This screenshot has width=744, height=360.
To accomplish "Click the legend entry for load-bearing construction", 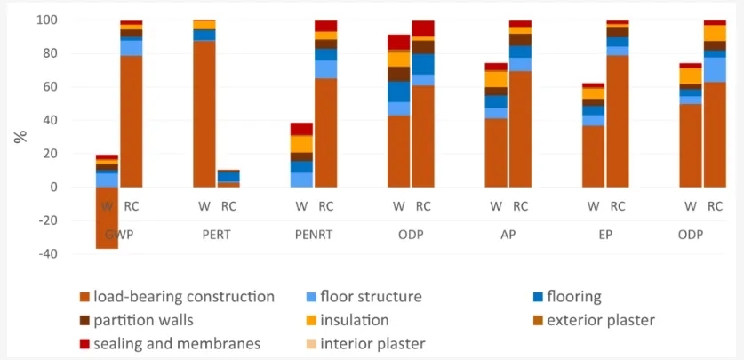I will [x=176, y=297].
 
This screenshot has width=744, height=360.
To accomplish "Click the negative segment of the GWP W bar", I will [x=108, y=218].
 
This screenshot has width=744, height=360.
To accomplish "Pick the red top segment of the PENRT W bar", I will [x=302, y=129].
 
